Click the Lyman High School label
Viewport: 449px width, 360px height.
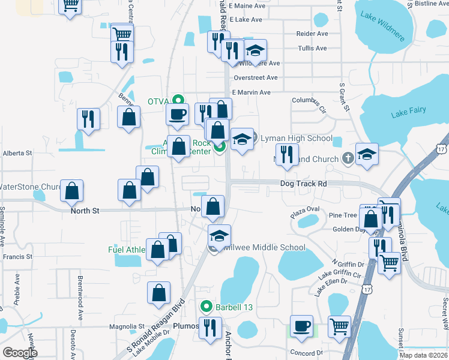296,139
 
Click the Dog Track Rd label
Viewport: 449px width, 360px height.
303,184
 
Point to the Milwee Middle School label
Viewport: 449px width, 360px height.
262,247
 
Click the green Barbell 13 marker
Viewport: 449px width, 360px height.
206,307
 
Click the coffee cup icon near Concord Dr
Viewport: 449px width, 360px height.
301,326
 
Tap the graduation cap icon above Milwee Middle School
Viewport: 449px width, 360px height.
220,235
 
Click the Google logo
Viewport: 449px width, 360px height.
20,353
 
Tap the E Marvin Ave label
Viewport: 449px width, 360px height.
252,92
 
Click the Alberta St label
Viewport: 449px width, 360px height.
17,153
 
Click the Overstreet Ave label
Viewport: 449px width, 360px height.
256,77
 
